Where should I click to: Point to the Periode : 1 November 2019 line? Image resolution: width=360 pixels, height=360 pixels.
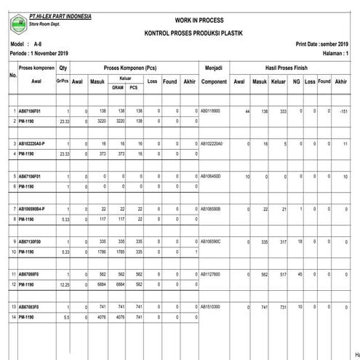40,54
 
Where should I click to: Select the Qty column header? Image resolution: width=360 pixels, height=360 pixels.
63,67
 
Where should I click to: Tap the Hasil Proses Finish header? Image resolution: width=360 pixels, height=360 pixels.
289,67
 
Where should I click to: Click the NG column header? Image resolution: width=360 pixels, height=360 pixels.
296,81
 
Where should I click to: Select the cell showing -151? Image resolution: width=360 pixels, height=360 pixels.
341,111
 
